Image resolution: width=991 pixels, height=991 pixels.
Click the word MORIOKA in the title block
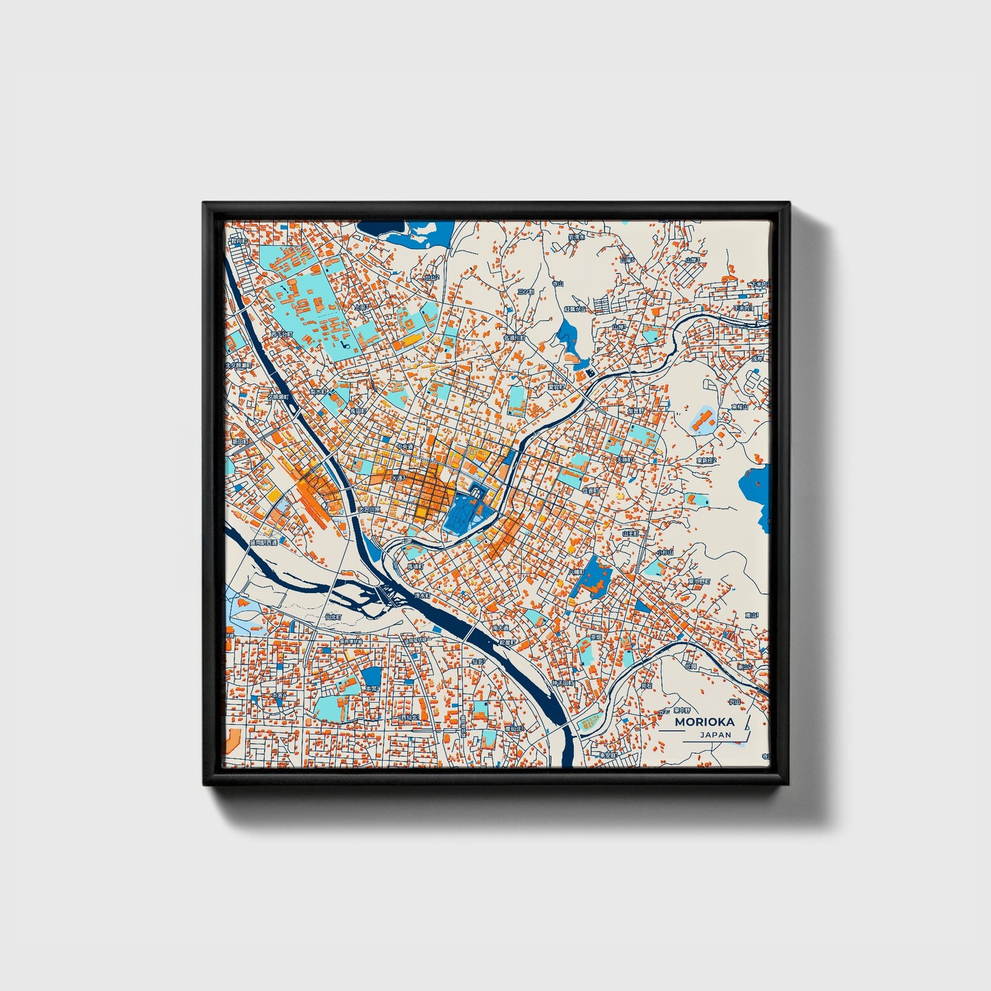(x=704, y=721)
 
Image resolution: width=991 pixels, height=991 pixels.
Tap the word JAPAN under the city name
(x=715, y=735)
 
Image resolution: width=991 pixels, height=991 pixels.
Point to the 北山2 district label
(x=431, y=278)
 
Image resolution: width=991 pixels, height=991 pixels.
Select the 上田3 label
(x=361, y=308)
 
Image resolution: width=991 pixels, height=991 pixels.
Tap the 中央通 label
(x=405, y=446)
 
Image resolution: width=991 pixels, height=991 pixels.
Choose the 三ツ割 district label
(x=525, y=291)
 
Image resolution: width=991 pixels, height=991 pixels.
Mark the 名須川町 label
(x=514, y=338)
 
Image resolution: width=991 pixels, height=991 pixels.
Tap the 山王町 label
(x=630, y=533)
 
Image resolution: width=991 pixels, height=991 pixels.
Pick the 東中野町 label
(x=699, y=582)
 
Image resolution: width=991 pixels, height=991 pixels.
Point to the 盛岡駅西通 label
(x=263, y=542)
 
